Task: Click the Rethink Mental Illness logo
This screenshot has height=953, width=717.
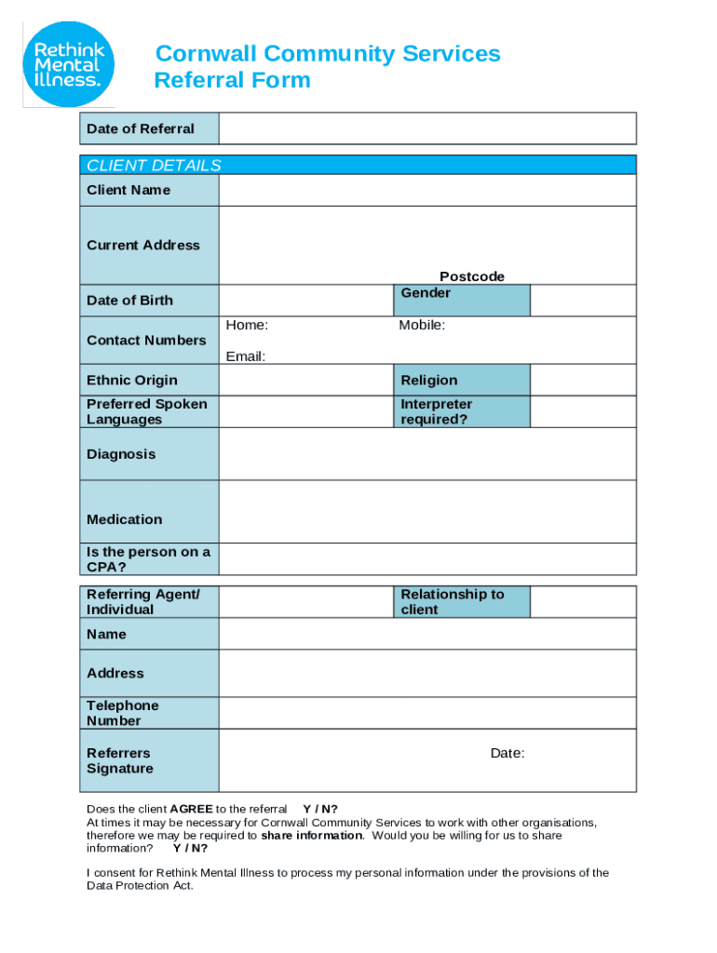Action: tap(68, 62)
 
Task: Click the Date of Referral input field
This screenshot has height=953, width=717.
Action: tap(427, 128)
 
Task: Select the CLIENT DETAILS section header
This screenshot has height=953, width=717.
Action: tap(154, 166)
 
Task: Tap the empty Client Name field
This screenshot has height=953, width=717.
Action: tap(427, 190)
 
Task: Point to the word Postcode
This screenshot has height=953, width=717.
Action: tap(471, 276)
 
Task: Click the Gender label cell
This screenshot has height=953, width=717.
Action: tap(461, 300)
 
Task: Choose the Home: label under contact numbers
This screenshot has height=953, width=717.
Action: tap(247, 325)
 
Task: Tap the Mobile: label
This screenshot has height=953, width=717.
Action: tap(422, 325)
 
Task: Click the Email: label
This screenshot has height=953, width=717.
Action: tap(245, 356)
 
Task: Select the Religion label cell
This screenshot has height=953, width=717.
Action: tap(461, 380)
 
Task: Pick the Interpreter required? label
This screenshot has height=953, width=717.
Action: tap(461, 411)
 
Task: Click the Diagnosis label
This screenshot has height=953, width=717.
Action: tap(121, 454)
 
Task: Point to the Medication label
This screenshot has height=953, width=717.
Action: tap(124, 519)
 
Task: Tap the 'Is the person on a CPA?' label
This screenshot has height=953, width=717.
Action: tap(148, 559)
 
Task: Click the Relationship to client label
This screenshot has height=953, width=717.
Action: tap(461, 601)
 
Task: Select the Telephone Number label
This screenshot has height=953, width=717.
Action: tap(123, 713)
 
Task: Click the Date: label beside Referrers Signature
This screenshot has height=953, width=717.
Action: tap(507, 753)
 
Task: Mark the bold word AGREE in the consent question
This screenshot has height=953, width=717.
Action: tap(191, 809)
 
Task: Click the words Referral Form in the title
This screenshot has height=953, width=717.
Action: tap(232, 81)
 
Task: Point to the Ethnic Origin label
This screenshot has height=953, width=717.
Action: tap(131, 380)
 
